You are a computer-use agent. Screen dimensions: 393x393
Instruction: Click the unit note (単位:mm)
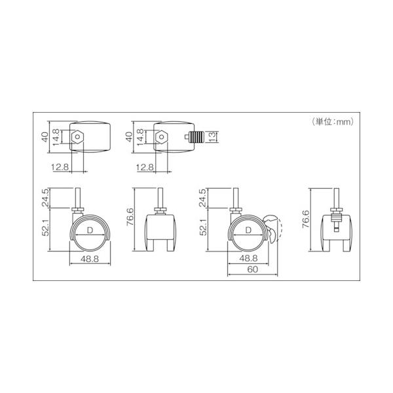click(333, 122)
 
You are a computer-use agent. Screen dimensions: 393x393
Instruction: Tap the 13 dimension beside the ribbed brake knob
click(212, 137)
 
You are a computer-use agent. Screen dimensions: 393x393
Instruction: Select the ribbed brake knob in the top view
click(196, 137)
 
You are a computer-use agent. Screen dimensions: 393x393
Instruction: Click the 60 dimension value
click(252, 269)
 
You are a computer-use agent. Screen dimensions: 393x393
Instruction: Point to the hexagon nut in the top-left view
click(77, 137)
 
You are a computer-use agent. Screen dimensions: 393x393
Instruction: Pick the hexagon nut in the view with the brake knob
click(162, 137)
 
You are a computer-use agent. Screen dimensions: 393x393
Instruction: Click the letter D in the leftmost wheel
click(90, 231)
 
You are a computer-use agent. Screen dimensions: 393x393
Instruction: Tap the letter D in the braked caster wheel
click(248, 230)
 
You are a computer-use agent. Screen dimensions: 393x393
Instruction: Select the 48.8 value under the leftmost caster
click(90, 259)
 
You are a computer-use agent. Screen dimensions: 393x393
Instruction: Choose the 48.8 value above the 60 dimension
click(248, 259)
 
